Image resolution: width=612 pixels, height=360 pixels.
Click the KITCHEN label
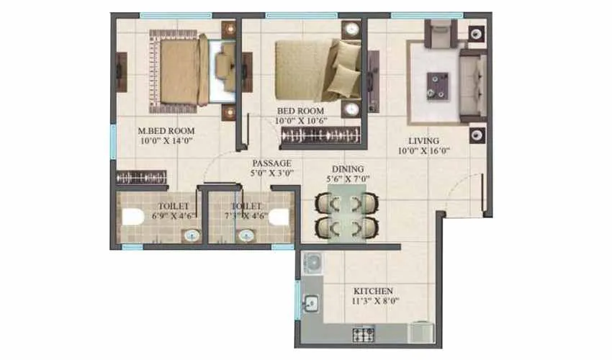tap(372, 292)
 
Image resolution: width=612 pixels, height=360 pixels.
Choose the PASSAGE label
tap(271, 163)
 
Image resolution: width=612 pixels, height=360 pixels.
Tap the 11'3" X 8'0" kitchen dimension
tap(372, 302)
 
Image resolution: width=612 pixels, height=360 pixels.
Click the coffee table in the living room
tap(438, 85)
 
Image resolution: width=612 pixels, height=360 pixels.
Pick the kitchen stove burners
tap(361, 334)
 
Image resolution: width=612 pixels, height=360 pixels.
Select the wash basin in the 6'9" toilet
tap(191, 235)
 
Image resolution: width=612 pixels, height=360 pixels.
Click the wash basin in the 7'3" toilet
tap(246, 235)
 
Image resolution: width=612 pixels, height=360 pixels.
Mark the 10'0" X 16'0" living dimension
tap(426, 151)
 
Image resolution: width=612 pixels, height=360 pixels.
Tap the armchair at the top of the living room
tap(439, 32)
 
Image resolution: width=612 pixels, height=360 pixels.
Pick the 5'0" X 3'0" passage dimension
tap(271, 174)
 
